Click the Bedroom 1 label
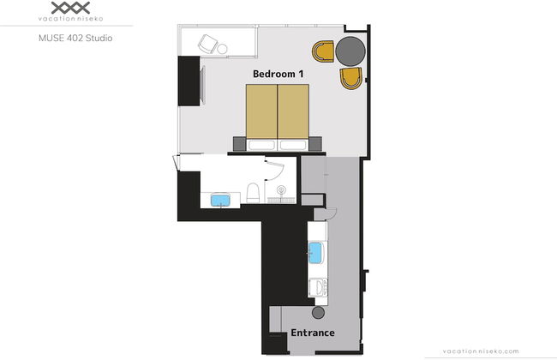pos(278,74)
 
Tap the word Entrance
pos(313,333)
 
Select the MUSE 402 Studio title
pos(75,38)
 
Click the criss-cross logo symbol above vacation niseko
pos(70,8)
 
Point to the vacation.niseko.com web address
pos(481,351)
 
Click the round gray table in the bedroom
pos(350,51)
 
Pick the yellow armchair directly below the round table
pos(351,78)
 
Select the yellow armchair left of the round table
pos(323,51)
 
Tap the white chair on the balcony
pos(208,44)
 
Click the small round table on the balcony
pos(223,49)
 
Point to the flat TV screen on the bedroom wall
pos(202,85)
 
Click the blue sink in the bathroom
pos(220,200)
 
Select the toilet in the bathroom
pos(253,193)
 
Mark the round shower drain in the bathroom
pos(281,189)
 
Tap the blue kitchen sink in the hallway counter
pos(315,253)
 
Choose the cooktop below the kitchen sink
pos(318,287)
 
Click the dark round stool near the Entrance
pos(318,312)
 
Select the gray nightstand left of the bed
pos(239,144)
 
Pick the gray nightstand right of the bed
pos(315,144)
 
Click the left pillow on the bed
pos(262,145)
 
